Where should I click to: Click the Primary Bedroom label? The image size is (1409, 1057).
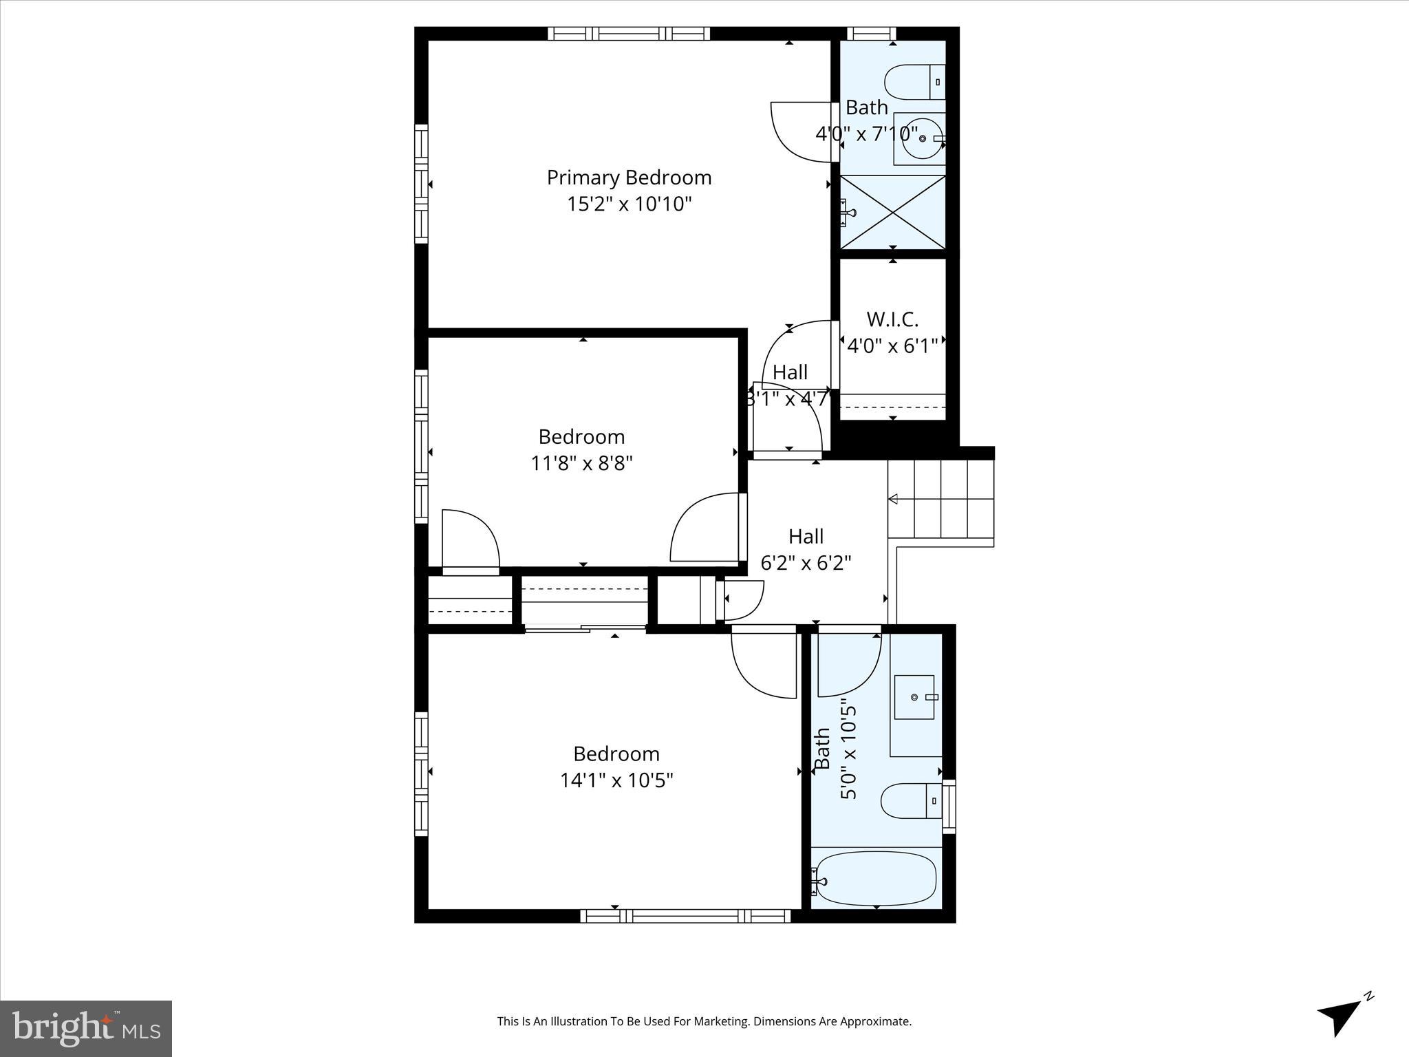pyautogui.click(x=629, y=178)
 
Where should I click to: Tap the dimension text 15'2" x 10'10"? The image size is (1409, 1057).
pyautogui.click(x=629, y=204)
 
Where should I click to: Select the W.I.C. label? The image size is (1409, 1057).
pyautogui.click(x=892, y=319)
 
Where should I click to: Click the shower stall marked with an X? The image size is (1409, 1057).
pyautogui.click(x=892, y=211)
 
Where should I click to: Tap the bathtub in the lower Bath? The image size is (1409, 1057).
pyautogui.click(x=875, y=879)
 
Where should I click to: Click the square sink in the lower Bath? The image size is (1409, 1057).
pyautogui.click(x=914, y=697)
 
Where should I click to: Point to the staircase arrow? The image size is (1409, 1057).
pyautogui.click(x=894, y=499)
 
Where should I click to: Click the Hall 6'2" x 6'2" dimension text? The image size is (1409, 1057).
pyautogui.click(x=806, y=564)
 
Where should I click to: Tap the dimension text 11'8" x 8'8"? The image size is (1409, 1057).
pyautogui.click(x=581, y=463)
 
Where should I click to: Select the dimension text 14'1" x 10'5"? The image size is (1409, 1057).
pyautogui.click(x=616, y=780)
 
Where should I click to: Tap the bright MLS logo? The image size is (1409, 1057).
pyautogui.click(x=86, y=1029)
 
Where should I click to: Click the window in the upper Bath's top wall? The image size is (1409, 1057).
pyautogui.click(x=870, y=33)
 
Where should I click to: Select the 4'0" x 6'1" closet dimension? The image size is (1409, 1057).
pyautogui.click(x=892, y=346)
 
